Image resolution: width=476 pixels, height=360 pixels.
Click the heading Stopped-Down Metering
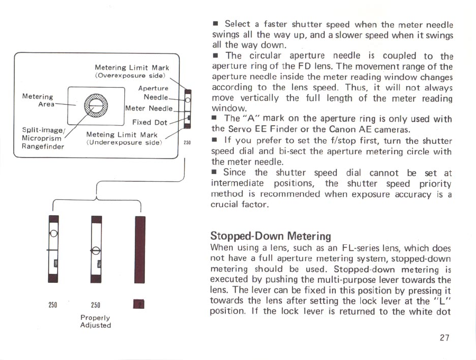tap(270, 235)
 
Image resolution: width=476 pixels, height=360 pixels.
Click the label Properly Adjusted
tap(96, 321)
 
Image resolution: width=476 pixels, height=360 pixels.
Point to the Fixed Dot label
tap(149, 122)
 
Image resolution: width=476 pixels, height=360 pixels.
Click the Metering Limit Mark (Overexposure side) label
tap(132, 72)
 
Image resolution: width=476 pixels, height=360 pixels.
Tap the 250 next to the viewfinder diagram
tap(187, 143)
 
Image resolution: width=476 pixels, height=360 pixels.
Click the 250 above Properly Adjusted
tap(95, 304)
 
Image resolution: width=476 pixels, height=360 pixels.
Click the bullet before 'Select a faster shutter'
tap(215, 24)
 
